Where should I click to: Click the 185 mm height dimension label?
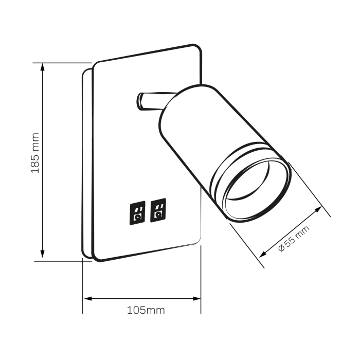pos(35,153)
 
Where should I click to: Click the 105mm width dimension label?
pos(146,310)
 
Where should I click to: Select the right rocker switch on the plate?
pos(158,210)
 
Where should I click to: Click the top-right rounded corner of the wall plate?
pos(197,48)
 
